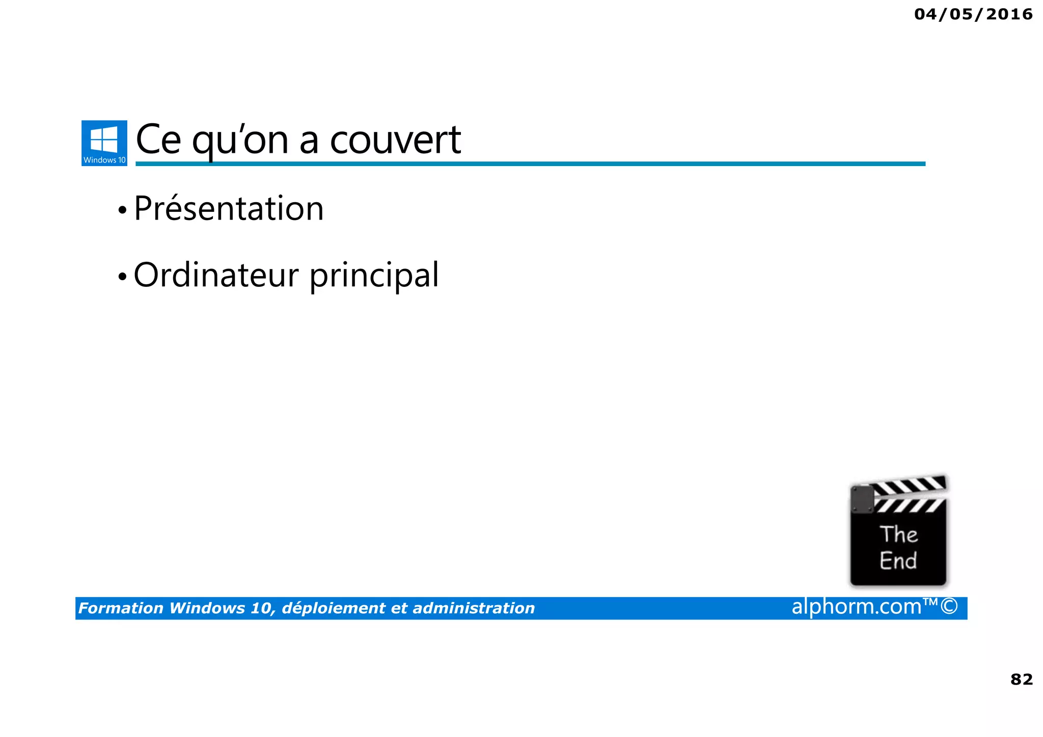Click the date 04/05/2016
coord(973,14)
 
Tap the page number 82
coord(1021,679)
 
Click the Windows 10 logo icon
coord(104,143)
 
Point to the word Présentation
coord(229,209)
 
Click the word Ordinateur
coord(216,275)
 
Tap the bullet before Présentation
coord(122,210)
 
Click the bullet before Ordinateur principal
coord(122,277)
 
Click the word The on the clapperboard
coord(898,534)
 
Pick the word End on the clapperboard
coord(898,561)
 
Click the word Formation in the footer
coord(121,608)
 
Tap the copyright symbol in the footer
coord(949,607)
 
